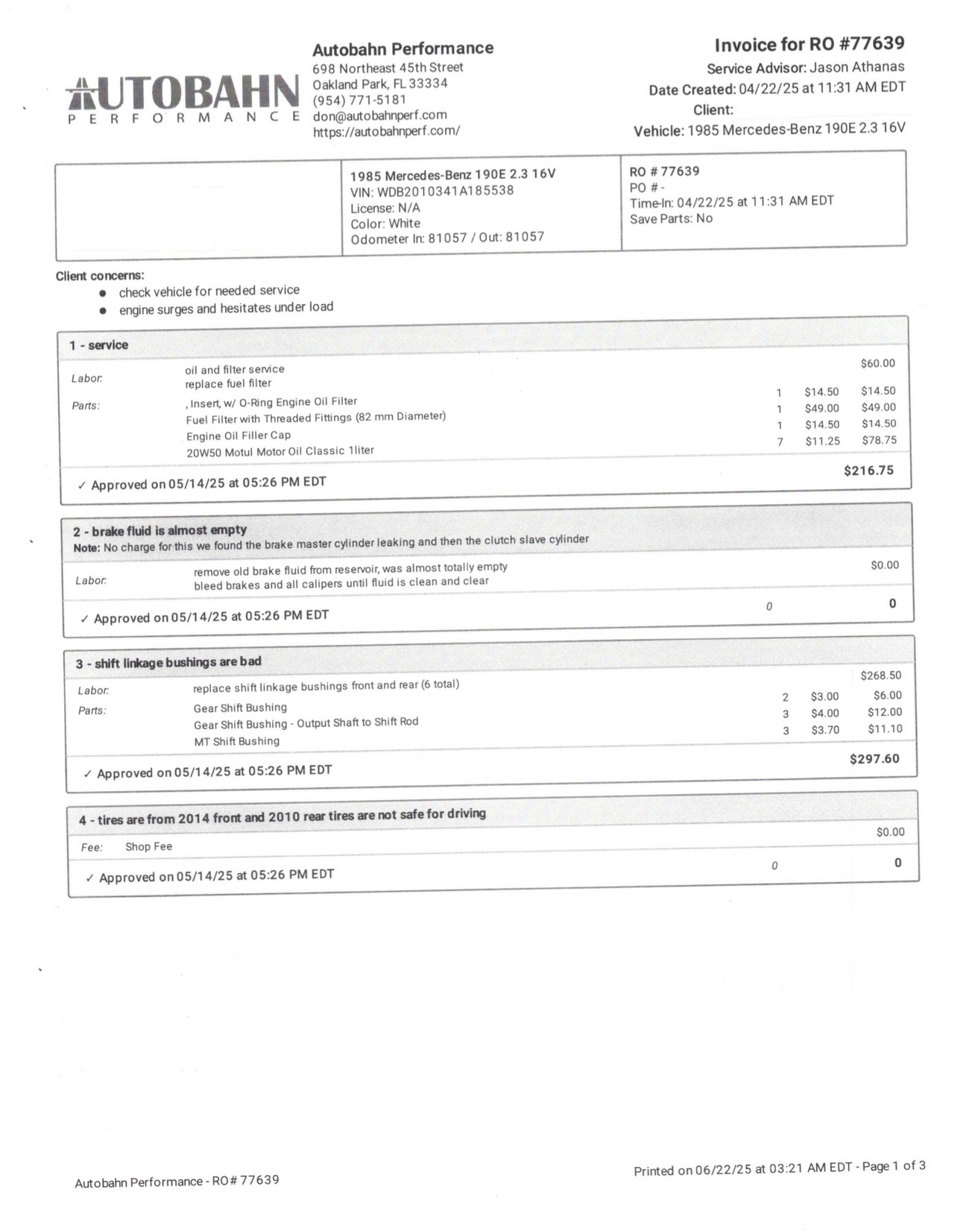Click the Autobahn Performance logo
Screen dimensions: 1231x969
coord(183,98)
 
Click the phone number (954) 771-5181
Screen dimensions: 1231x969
coord(359,99)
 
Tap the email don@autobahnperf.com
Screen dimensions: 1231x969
coord(379,115)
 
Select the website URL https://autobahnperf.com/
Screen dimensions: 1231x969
coord(386,131)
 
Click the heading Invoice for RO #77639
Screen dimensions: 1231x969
coord(809,44)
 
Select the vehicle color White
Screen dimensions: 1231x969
coord(404,224)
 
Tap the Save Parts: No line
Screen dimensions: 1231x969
coord(671,218)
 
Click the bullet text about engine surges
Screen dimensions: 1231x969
coord(226,308)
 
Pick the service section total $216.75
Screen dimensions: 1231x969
coord(868,470)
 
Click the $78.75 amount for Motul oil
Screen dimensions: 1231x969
coord(879,440)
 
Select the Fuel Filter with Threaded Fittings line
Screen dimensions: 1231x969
coord(315,418)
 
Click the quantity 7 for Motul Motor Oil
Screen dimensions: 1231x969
coord(780,441)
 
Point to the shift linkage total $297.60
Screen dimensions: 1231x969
coord(874,759)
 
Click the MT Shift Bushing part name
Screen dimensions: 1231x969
coord(236,741)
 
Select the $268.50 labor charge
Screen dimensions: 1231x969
coord(880,676)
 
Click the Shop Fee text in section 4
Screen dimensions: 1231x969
coord(148,846)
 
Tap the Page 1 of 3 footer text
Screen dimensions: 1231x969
coord(894,1166)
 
